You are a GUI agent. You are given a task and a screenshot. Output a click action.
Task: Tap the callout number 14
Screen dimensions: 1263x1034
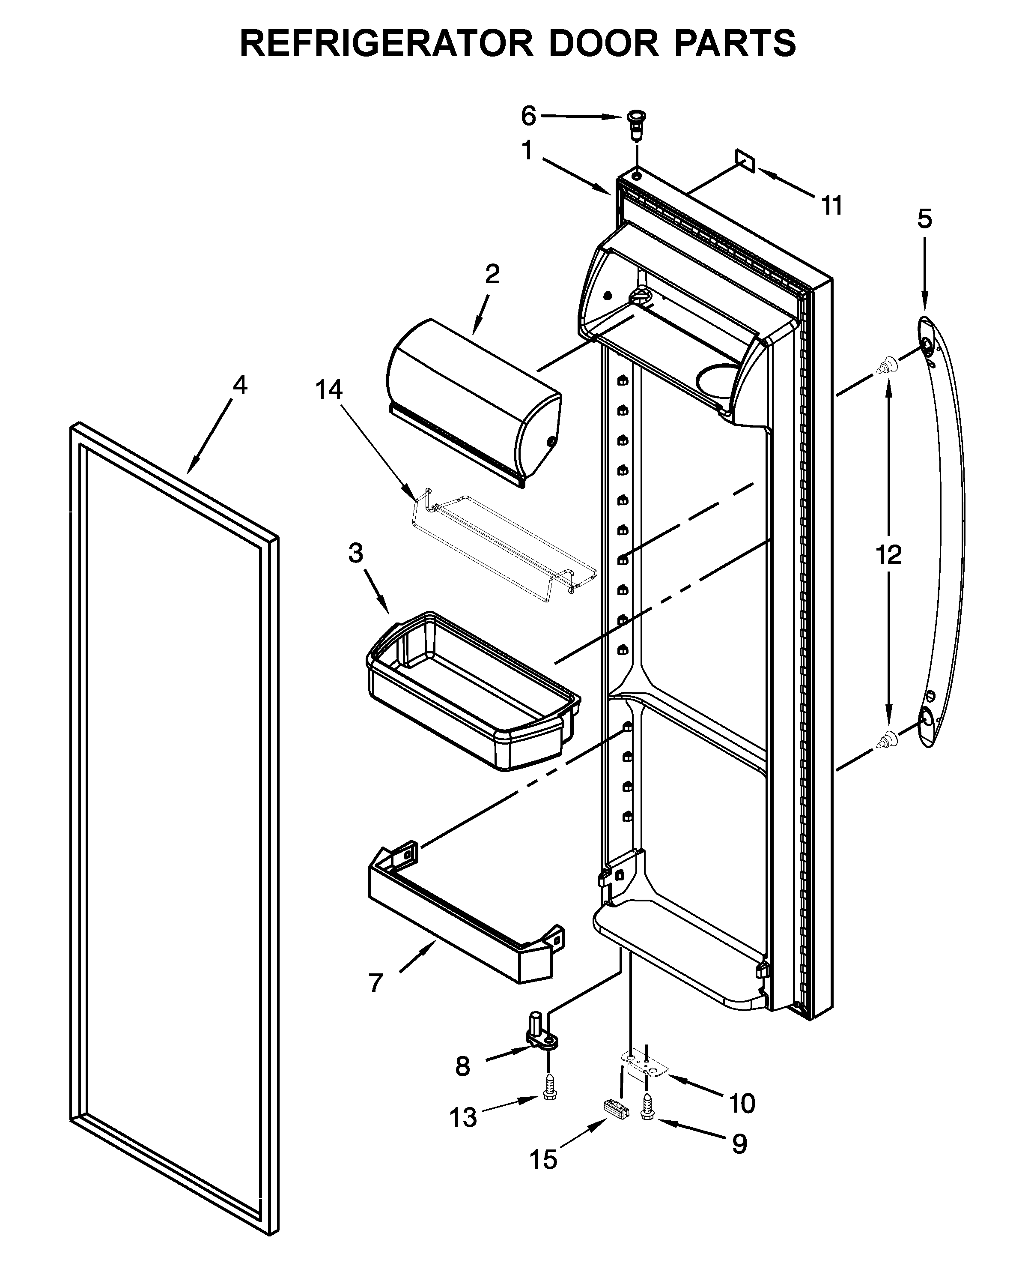pos(329,390)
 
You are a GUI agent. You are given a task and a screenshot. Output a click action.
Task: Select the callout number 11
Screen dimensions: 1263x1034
pos(831,206)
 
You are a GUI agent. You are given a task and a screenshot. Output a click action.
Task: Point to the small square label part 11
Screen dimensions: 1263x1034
pos(745,160)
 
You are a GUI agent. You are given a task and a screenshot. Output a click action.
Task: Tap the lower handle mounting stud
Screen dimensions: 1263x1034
pos(888,739)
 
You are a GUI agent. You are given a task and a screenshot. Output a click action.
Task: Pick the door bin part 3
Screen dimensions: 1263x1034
pos(471,691)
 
